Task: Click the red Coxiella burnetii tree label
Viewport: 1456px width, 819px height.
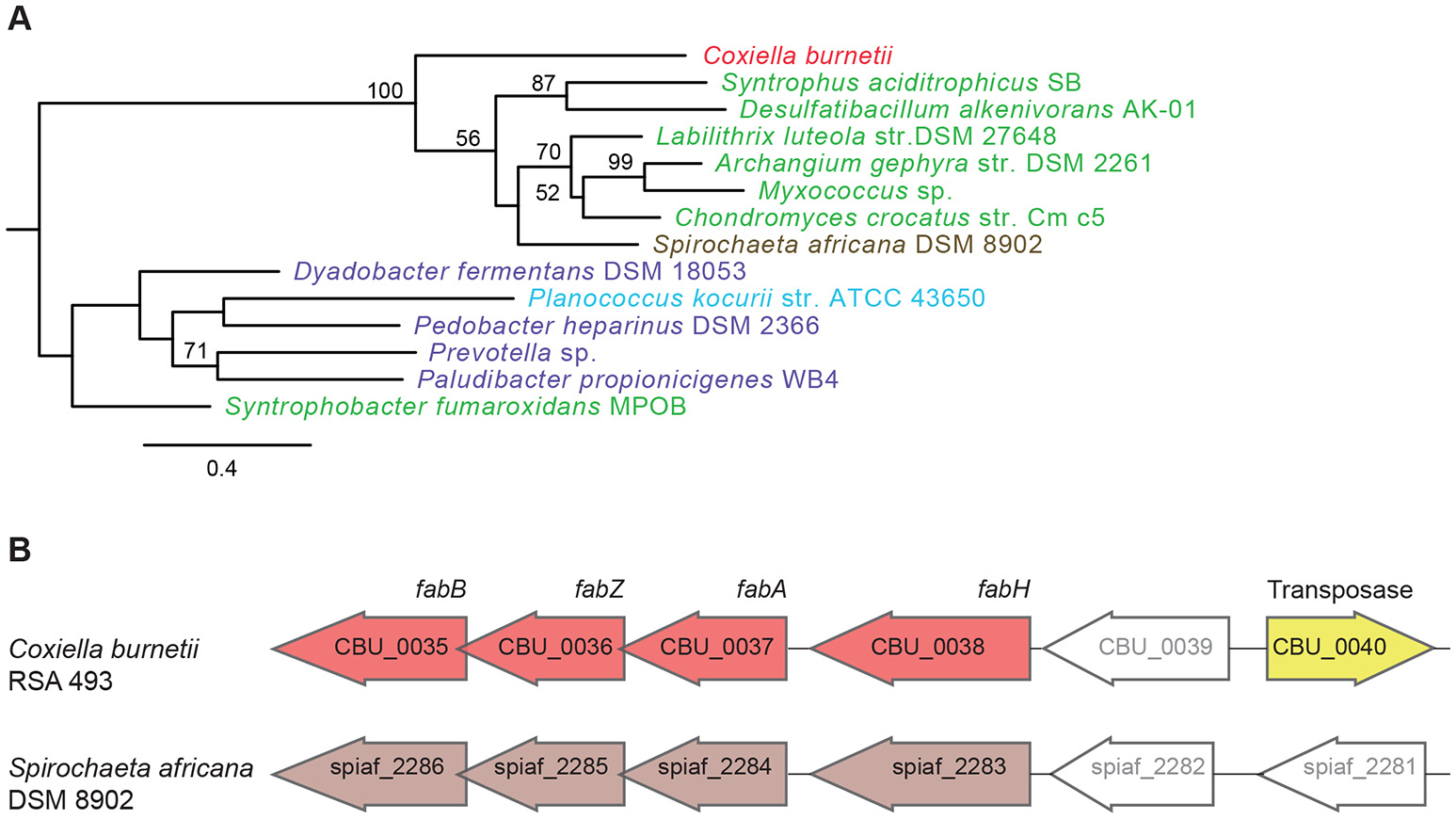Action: (x=797, y=56)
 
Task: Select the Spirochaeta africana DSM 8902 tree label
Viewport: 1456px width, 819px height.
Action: (x=847, y=245)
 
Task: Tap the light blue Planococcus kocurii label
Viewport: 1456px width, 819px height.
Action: (x=756, y=298)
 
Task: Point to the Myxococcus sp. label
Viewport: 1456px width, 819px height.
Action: (x=855, y=191)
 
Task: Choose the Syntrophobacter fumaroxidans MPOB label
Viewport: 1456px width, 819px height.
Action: (x=456, y=407)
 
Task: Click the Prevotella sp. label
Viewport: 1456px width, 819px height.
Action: (x=512, y=353)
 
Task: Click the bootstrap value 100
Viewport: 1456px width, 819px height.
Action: (x=385, y=90)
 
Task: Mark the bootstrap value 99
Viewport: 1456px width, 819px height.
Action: (x=620, y=162)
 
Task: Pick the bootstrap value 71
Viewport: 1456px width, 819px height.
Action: (x=196, y=351)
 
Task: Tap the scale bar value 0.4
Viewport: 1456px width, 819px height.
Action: (x=222, y=468)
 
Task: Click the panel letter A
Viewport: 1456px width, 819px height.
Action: (x=19, y=19)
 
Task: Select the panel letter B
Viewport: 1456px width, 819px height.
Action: (x=19, y=550)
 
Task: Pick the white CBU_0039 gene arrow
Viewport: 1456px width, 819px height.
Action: (x=1139, y=648)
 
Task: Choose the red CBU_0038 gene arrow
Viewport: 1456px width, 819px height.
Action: (x=922, y=648)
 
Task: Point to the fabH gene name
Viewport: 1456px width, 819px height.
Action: (x=1003, y=589)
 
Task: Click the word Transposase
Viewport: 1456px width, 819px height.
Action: (x=1339, y=589)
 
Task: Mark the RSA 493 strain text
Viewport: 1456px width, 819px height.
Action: (x=60, y=681)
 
